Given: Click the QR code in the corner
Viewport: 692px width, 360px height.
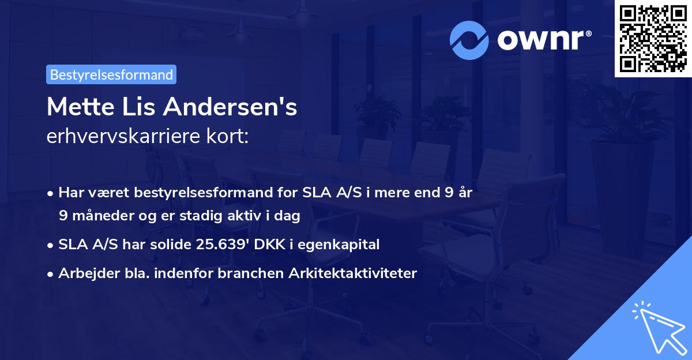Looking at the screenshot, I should click(x=653, y=38).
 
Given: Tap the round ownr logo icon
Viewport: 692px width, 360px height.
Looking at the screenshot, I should click(x=470, y=39).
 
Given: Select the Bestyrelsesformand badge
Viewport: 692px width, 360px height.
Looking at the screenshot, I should click(x=111, y=74).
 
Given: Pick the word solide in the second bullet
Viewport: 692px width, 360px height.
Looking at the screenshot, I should click(x=171, y=245).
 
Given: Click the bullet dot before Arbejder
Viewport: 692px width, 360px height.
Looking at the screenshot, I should click(x=51, y=274).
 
